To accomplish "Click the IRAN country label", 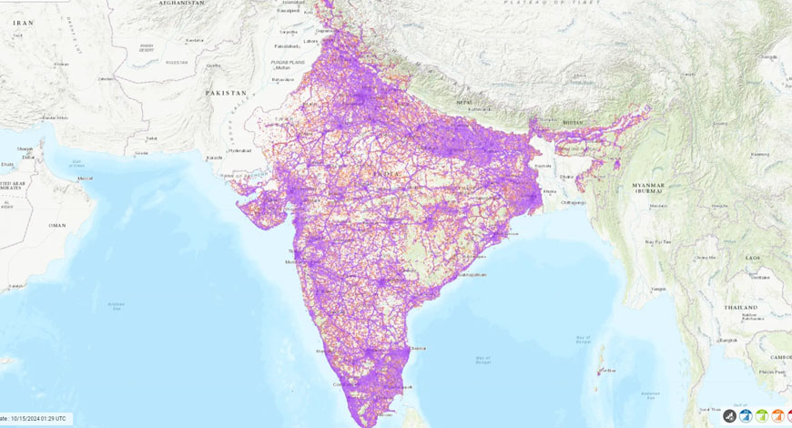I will point(24,22).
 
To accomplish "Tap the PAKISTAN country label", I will point(227,93).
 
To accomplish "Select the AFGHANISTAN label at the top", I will point(181,4).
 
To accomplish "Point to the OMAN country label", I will point(57,224).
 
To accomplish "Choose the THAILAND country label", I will point(739,308).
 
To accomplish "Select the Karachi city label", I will point(216,158).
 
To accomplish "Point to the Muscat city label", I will point(86,178).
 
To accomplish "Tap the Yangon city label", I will point(657,290).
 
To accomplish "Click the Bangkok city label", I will point(728,340).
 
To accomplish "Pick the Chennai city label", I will point(418,347).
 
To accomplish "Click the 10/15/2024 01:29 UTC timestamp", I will point(37,417).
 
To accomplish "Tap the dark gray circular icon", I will point(729,416).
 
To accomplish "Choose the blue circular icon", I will point(746,416).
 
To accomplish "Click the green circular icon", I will point(762,416).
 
